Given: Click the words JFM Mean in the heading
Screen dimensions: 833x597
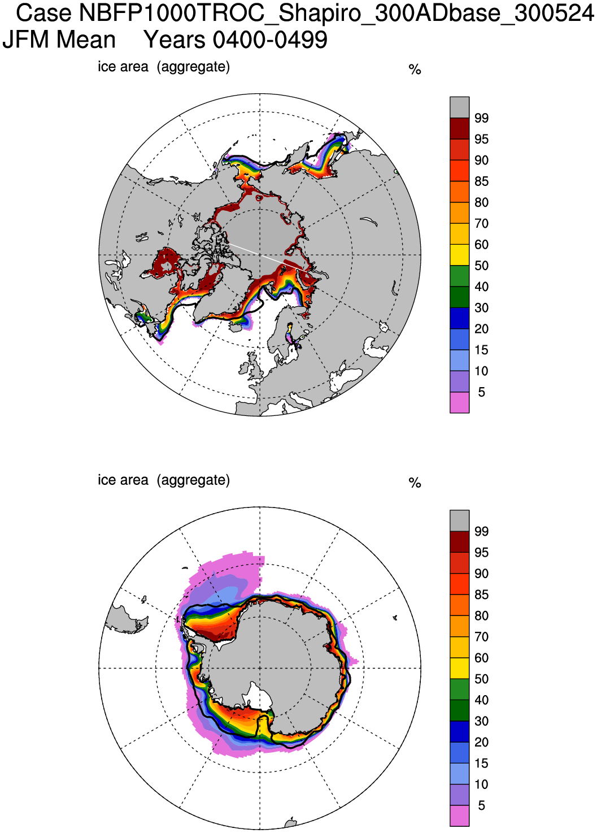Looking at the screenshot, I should click(x=59, y=40).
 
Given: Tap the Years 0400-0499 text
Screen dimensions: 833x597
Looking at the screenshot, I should click(x=236, y=40).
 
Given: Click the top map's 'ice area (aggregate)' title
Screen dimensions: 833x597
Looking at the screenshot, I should click(x=164, y=67).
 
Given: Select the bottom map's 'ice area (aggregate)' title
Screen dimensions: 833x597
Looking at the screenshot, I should click(x=164, y=480).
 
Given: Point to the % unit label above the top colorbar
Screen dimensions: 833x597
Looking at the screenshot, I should click(x=415, y=70).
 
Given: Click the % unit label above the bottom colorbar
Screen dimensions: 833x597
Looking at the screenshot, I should click(x=415, y=483).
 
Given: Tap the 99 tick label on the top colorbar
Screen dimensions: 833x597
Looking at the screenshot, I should click(x=481, y=118).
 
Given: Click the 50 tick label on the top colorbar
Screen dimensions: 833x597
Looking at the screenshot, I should click(x=481, y=266).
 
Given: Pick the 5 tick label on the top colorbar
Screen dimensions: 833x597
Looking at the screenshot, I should click(x=481, y=392).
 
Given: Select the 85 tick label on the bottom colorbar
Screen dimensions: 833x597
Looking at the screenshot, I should click(x=481, y=595).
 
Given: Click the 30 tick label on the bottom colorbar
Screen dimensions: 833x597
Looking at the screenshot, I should click(x=481, y=721).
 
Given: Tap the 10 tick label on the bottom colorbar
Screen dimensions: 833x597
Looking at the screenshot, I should click(x=481, y=784).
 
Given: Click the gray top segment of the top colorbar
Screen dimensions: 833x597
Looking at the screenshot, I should click(x=459, y=107).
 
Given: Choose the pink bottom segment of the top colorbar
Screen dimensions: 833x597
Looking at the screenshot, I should click(x=459, y=402).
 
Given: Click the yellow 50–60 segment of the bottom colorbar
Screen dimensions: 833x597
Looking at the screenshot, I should click(x=459, y=668).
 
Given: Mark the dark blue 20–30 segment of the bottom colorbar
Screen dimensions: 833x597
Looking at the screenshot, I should click(x=459, y=731).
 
